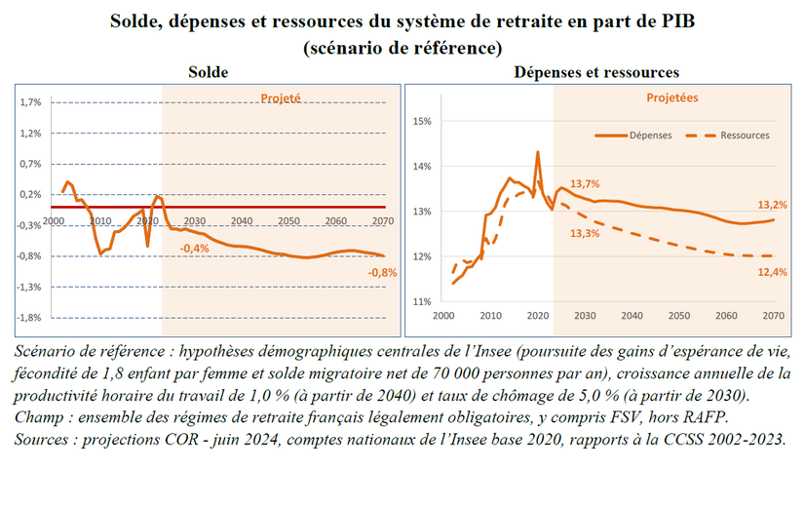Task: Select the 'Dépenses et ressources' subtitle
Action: (596, 72)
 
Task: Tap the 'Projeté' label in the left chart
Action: (280, 97)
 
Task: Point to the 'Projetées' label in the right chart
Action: (672, 97)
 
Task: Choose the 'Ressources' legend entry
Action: (745, 136)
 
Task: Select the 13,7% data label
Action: (585, 183)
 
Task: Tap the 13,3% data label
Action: (585, 232)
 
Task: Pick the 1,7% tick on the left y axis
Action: (30, 102)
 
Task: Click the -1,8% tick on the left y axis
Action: (29, 318)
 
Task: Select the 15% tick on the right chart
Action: (422, 122)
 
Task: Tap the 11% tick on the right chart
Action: (422, 302)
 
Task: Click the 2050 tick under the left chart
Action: (287, 221)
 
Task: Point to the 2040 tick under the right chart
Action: (631, 316)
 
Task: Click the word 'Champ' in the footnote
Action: (38, 417)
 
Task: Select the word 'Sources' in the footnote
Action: (42, 439)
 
